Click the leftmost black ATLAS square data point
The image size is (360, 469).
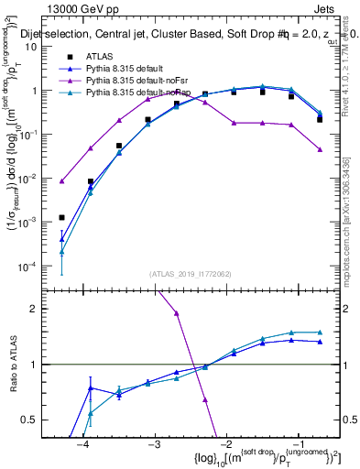[61, 217]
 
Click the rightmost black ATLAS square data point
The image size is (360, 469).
[320, 119]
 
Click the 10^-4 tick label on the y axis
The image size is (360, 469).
[34, 266]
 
